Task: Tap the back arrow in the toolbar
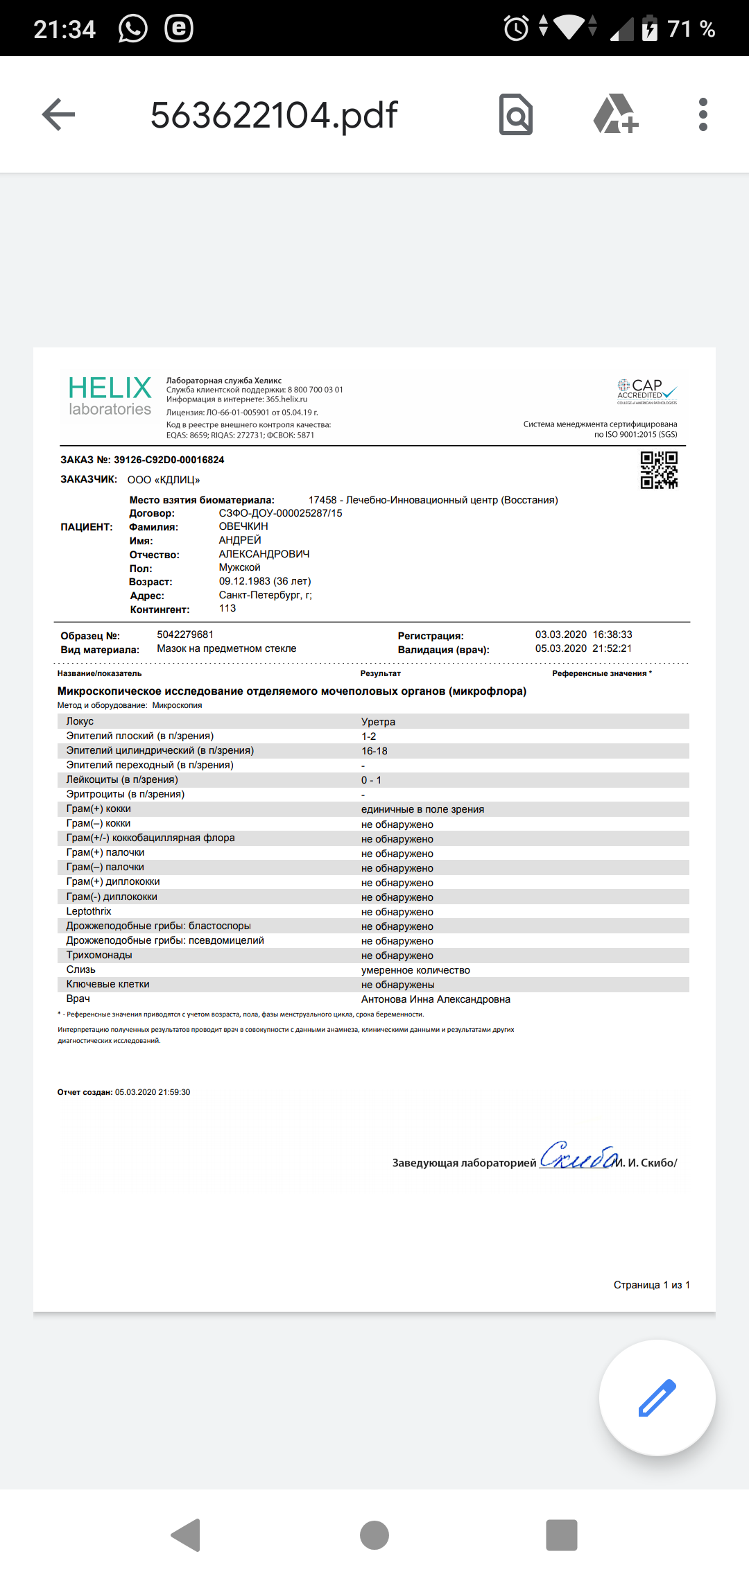58,114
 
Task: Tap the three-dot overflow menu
703,114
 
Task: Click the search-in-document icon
516,114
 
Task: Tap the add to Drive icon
615,114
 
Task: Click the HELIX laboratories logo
110,396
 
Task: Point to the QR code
659,470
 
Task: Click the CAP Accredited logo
646,391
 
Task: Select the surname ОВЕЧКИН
243,527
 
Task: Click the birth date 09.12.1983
244,582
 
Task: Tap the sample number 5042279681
185,635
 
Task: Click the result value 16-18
374,751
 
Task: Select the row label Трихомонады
99,956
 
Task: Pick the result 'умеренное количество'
415,971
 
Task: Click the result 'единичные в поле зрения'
422,810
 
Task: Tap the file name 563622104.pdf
274,115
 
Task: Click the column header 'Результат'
380,674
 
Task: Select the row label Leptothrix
89,912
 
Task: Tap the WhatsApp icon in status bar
133,29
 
